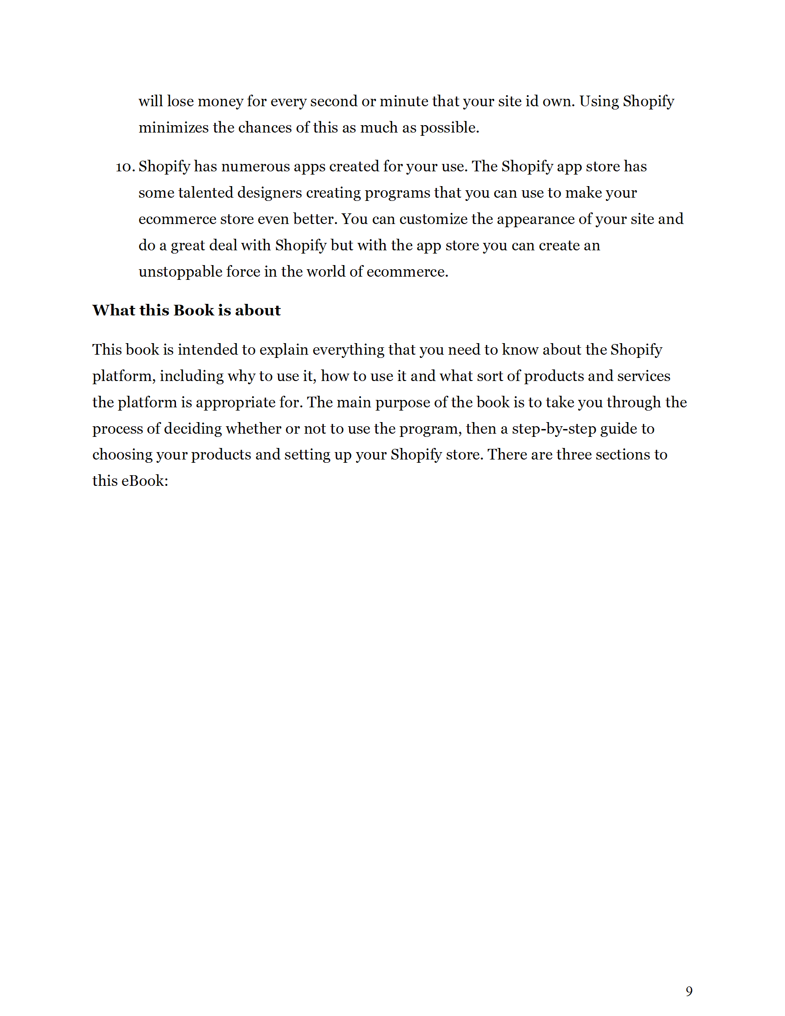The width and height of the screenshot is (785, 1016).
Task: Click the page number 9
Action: coord(689,992)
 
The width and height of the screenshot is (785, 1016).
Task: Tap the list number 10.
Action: coord(125,167)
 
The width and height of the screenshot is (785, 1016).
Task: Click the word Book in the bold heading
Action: coord(193,310)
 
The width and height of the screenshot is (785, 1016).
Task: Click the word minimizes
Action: coord(174,128)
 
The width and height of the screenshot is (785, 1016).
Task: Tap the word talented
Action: coord(205,193)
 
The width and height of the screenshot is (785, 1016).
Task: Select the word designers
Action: coord(270,193)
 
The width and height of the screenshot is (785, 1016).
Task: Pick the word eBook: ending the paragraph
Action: coord(145,481)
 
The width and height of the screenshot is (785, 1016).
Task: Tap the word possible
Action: coord(449,128)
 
